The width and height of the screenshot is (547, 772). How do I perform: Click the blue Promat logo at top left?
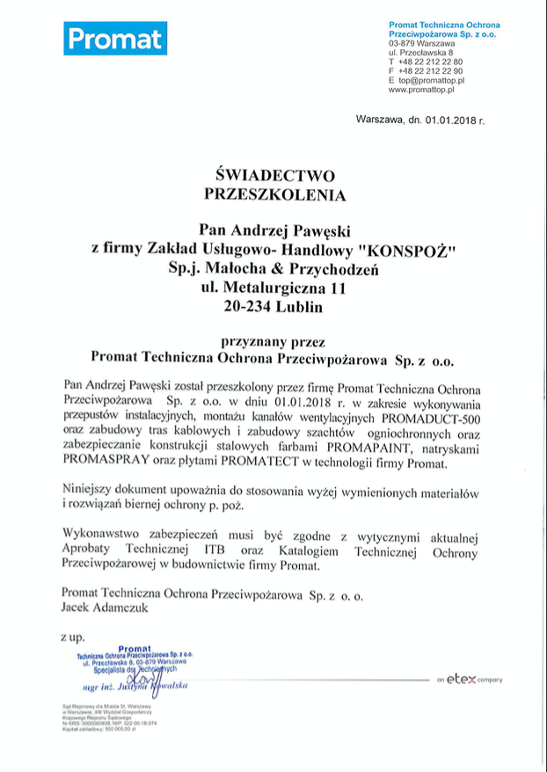[x=114, y=39]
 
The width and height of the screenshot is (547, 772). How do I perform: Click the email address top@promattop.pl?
[x=431, y=80]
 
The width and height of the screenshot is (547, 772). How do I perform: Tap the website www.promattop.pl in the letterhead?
[x=420, y=90]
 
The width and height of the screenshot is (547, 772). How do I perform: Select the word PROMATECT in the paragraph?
[x=247, y=463]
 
